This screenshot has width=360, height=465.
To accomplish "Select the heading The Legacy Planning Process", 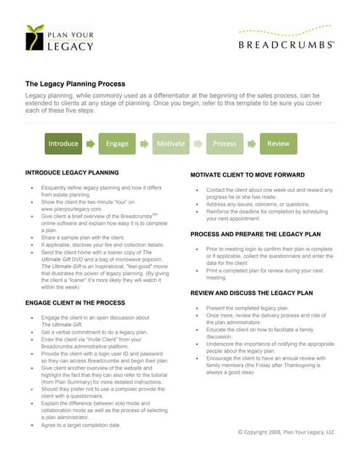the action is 76,84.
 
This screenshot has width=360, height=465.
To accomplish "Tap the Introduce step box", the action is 63,144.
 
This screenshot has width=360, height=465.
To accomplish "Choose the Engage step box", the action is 117,144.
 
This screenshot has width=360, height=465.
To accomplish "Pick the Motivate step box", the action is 171,144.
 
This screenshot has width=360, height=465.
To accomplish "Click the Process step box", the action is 225,144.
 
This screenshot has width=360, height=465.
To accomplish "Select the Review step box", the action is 279,144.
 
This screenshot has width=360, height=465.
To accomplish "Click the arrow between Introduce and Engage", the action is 90,144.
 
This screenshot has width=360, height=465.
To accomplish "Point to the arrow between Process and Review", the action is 252,144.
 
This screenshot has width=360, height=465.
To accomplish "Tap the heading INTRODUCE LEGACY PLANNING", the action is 72,173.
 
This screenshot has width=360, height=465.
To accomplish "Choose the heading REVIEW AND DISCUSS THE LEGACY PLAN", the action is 251,293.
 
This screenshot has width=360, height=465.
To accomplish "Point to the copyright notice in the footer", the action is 286,432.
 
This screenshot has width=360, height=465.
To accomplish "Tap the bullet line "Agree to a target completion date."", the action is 81,425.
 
